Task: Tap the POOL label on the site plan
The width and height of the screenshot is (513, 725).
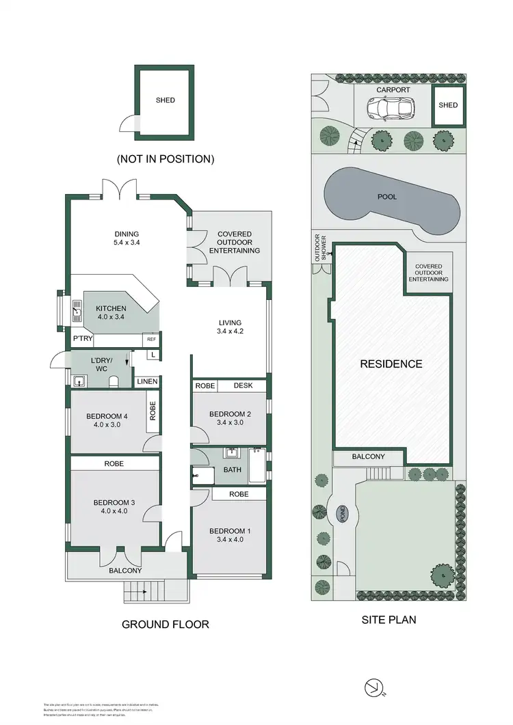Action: pyautogui.click(x=387, y=196)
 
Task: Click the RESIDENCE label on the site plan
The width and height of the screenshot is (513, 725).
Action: pyautogui.click(x=391, y=364)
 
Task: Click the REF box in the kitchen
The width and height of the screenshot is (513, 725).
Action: pyautogui.click(x=151, y=339)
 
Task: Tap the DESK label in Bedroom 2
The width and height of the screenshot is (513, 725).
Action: pyautogui.click(x=243, y=386)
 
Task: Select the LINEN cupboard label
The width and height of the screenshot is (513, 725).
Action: pyautogui.click(x=147, y=381)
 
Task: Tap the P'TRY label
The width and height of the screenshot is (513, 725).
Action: pyautogui.click(x=82, y=339)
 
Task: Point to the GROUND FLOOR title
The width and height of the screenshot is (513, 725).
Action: pyautogui.click(x=165, y=624)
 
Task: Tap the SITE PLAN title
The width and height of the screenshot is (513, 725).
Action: pyautogui.click(x=388, y=620)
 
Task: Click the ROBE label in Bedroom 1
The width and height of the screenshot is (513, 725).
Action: pyautogui.click(x=238, y=493)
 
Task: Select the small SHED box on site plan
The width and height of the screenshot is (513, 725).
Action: pyautogui.click(x=448, y=105)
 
